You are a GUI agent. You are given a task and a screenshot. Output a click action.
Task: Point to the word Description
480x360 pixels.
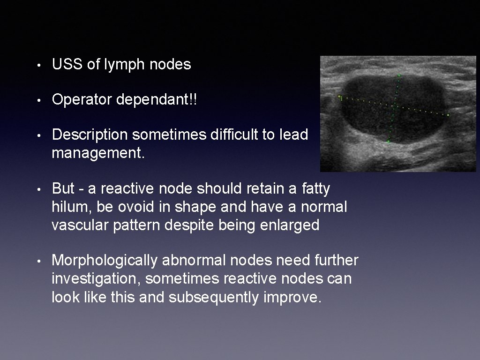90,135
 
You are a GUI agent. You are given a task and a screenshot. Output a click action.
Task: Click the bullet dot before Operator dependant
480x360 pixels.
42,100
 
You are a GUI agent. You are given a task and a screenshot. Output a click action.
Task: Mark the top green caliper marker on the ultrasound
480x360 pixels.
399,75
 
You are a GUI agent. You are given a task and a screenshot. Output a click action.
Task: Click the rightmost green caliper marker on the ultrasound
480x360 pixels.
449,114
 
